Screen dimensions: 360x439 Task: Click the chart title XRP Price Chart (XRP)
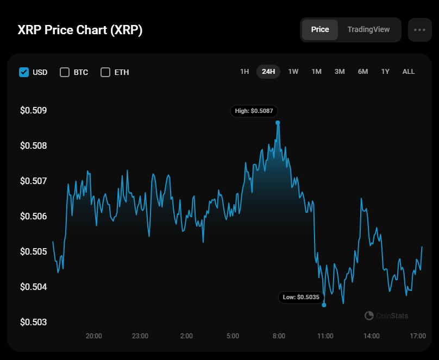click(x=80, y=30)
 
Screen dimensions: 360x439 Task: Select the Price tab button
click(x=320, y=29)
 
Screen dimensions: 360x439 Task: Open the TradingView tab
click(x=368, y=29)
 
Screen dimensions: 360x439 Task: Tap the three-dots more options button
click(x=419, y=30)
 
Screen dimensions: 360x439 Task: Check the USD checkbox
click(x=24, y=72)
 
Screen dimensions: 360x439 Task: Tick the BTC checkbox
click(x=65, y=72)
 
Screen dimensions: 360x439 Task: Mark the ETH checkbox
click(x=105, y=72)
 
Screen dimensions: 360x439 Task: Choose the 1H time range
click(x=244, y=72)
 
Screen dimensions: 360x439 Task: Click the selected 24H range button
click(x=268, y=72)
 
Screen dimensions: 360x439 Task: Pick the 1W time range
click(x=293, y=72)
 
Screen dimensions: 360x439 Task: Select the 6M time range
click(x=363, y=72)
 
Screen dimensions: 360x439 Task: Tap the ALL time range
click(x=409, y=72)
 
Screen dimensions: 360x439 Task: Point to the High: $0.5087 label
click(x=254, y=111)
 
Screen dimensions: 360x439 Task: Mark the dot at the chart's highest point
click(x=278, y=123)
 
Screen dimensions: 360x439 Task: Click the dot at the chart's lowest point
click(x=324, y=305)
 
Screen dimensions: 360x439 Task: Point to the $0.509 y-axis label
click(x=34, y=111)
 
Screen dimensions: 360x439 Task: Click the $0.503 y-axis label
click(x=34, y=322)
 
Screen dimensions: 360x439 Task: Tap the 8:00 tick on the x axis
click(x=279, y=336)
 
